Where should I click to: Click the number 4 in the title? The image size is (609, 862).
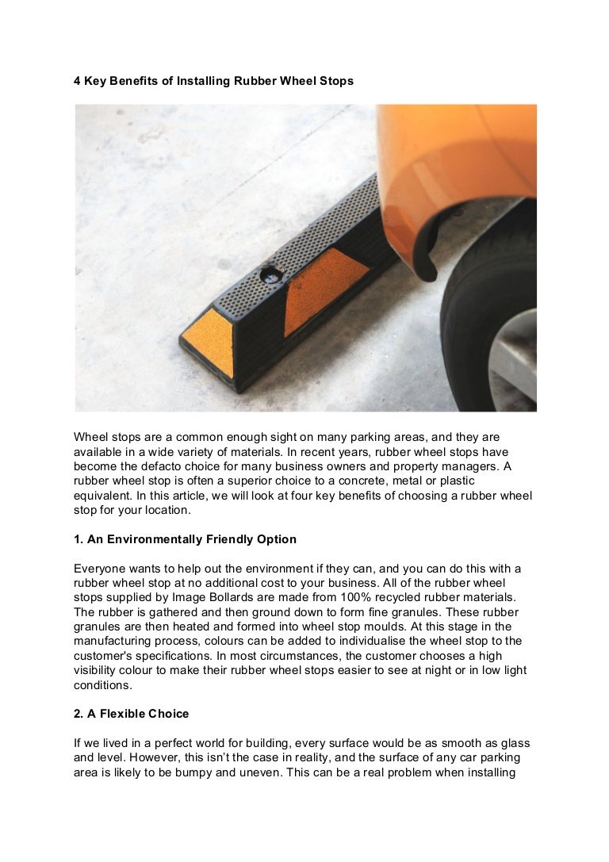pos(78,81)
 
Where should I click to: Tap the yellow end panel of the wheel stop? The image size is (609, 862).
pos(208,343)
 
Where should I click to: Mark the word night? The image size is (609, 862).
pos(407,671)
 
